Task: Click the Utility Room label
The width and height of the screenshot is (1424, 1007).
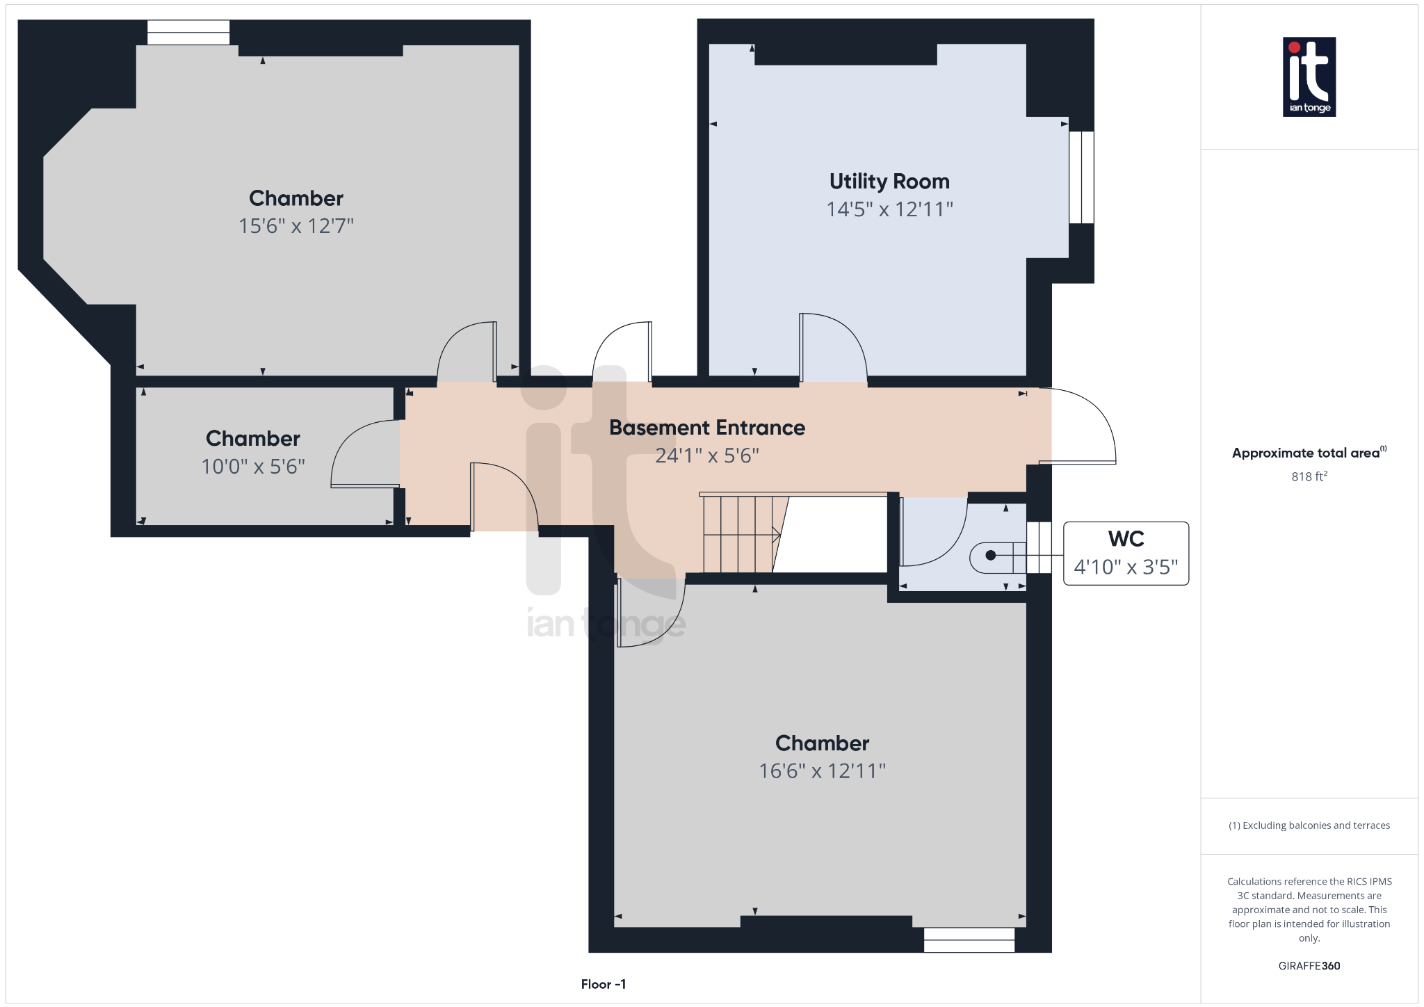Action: (889, 182)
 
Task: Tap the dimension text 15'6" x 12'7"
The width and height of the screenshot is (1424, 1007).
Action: (296, 226)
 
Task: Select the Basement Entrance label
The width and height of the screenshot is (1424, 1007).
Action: (706, 428)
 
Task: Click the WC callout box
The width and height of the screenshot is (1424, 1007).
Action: (1125, 554)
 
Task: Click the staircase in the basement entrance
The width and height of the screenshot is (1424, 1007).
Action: (741, 534)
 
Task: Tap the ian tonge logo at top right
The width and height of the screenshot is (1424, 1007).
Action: (1309, 76)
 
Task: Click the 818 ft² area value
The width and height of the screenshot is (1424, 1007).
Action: (1309, 476)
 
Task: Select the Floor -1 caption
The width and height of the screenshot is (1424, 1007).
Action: (603, 984)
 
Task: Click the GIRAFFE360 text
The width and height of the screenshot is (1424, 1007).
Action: (1309, 966)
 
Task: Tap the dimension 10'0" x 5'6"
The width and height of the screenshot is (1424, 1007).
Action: (253, 467)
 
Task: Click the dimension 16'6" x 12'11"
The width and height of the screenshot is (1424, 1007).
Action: (822, 771)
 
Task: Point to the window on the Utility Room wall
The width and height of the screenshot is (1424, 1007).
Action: (1081, 177)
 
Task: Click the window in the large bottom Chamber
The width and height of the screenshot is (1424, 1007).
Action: (969, 940)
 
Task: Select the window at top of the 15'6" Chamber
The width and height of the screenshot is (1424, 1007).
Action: (188, 33)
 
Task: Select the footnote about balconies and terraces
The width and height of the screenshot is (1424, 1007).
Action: (1309, 825)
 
